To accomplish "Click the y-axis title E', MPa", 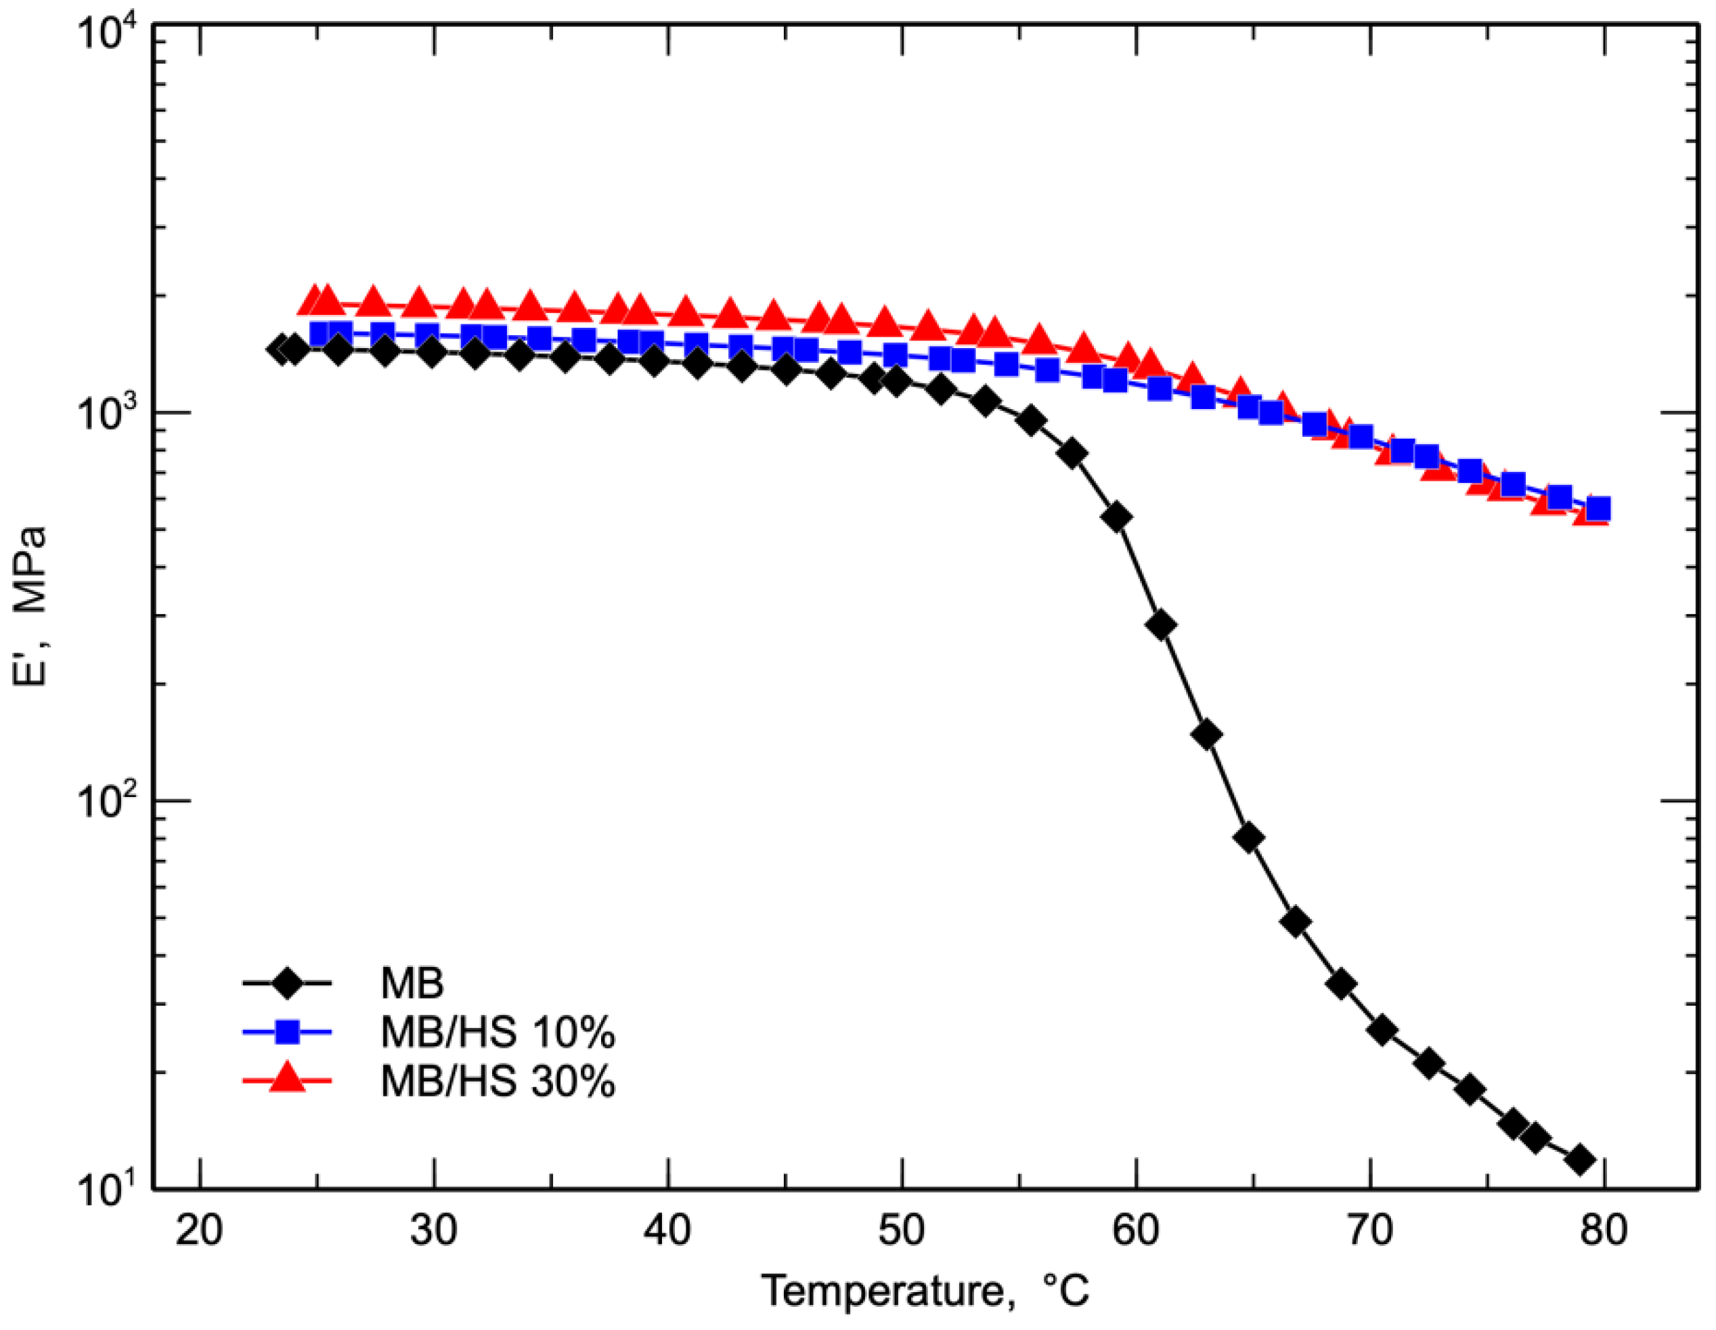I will click(x=31, y=605).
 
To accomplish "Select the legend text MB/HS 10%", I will click(x=497, y=1032).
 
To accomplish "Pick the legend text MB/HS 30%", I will click(x=497, y=1081).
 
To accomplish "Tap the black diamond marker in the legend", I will click(x=288, y=983).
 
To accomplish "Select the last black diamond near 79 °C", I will click(x=1580, y=1159).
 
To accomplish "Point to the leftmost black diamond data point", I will click(x=280, y=349).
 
